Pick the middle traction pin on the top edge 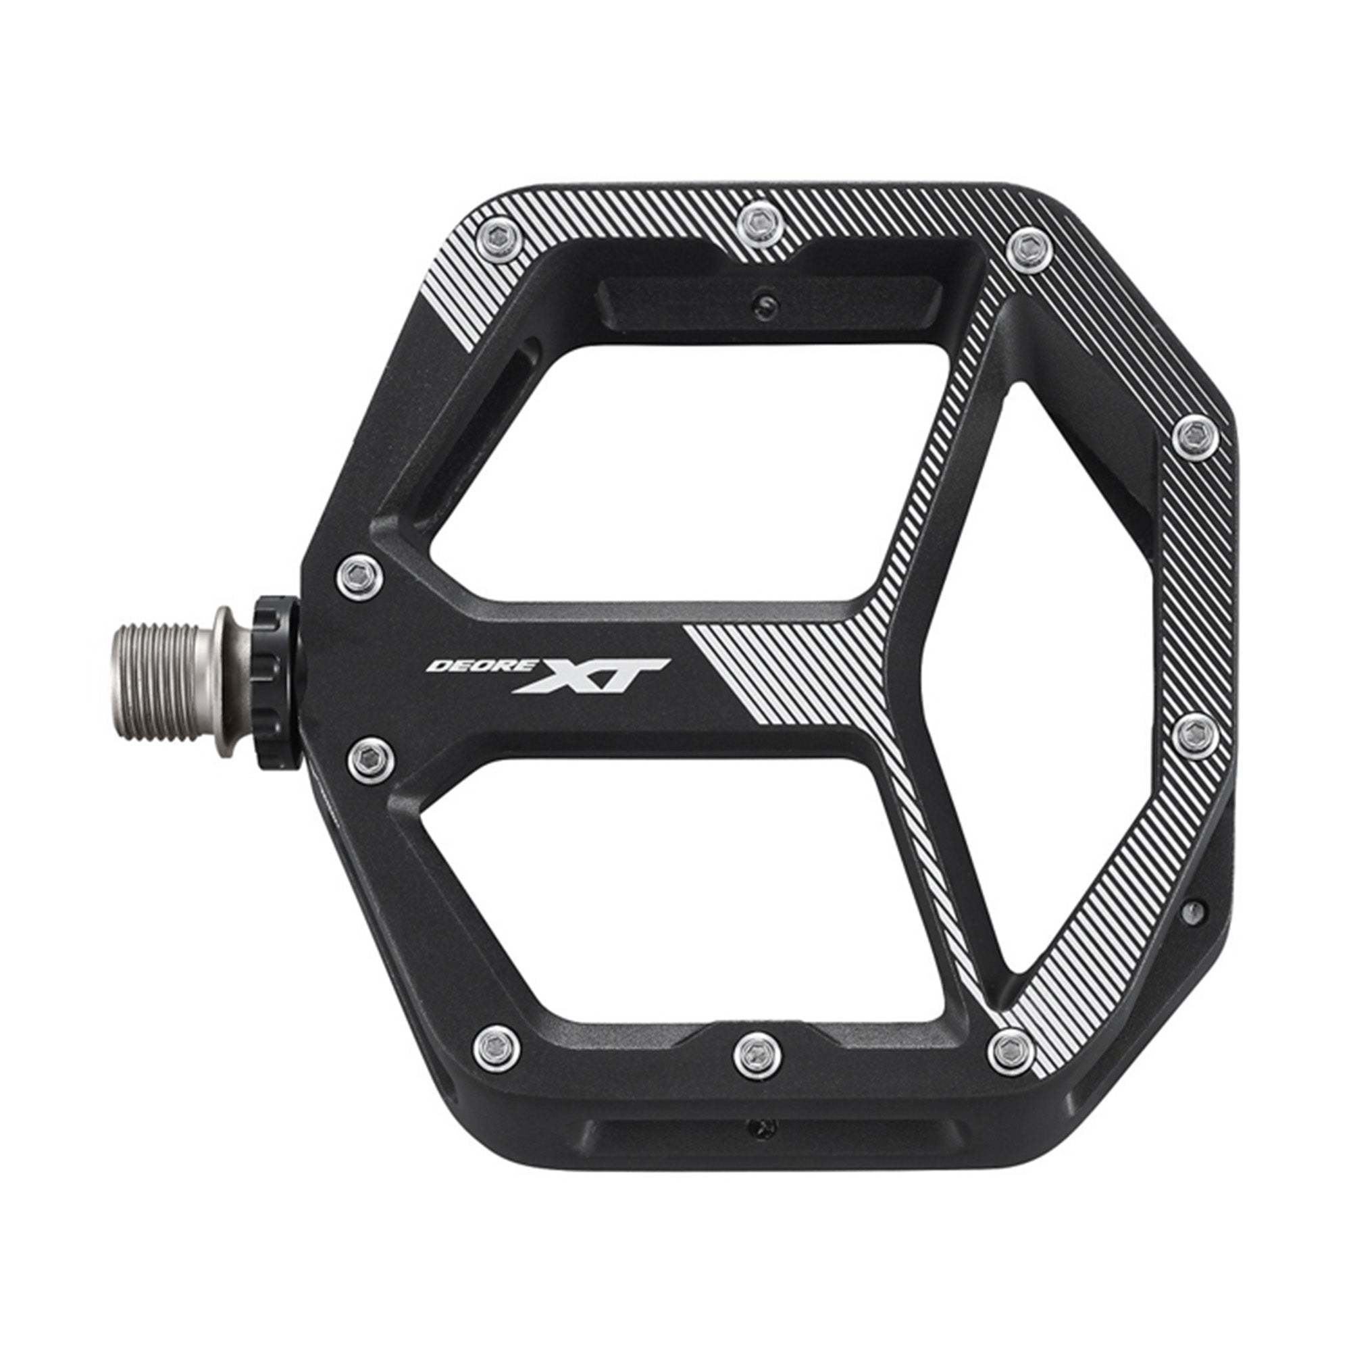(758, 224)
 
